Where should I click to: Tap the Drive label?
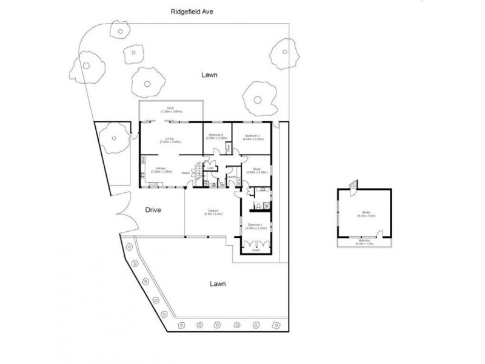click(153, 210)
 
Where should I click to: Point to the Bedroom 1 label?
click(253, 226)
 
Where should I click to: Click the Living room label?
click(170, 140)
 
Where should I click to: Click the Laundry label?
click(231, 177)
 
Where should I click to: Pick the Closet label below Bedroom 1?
click(255, 249)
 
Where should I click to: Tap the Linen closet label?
click(212, 168)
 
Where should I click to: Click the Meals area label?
click(186, 173)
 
